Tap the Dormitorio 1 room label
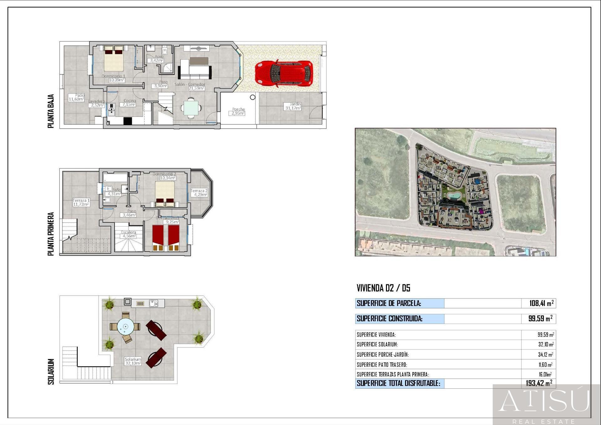click(x=113, y=76)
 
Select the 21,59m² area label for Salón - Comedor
click(x=196, y=88)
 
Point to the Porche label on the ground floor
click(x=238, y=109)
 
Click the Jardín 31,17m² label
click(x=293, y=106)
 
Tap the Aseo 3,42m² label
click(x=157, y=59)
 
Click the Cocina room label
click(x=130, y=101)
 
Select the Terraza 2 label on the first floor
click(x=199, y=191)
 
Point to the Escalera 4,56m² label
click(x=128, y=234)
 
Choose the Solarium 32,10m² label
click(x=133, y=361)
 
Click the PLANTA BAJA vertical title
click(x=51, y=111)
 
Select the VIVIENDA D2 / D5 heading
click(x=383, y=288)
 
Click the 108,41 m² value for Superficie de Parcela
click(x=541, y=303)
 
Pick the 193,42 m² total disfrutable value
click(x=539, y=383)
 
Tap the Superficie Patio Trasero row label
click(x=382, y=365)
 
